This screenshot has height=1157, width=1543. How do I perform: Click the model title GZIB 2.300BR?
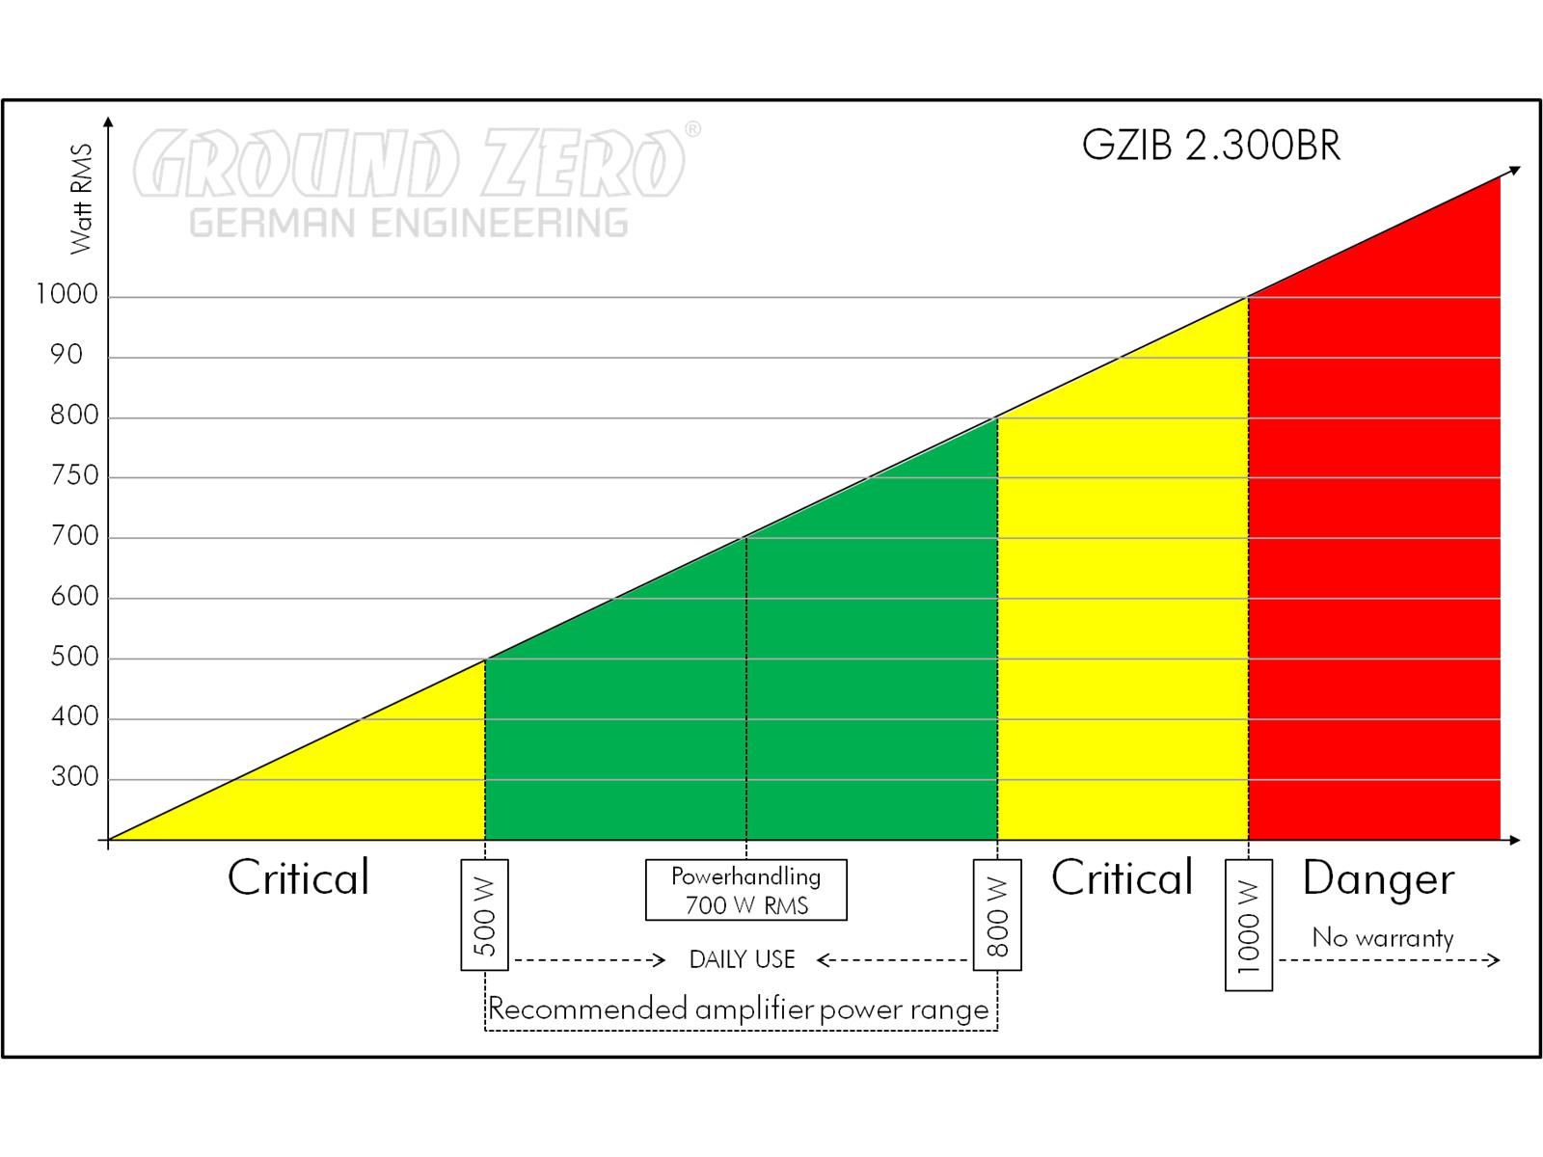pyautogui.click(x=1210, y=146)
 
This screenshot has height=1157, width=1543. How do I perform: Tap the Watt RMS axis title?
pyautogui.click(x=82, y=199)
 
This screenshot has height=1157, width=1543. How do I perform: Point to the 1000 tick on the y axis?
pyautogui.click(x=68, y=294)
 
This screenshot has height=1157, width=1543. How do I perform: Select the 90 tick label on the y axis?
pyautogui.click(x=68, y=355)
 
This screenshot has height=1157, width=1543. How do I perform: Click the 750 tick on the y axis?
pyautogui.click(x=74, y=475)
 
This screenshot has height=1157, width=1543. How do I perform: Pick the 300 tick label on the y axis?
pyautogui.click(x=74, y=776)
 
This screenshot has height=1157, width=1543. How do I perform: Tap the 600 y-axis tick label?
pyautogui.click(x=74, y=596)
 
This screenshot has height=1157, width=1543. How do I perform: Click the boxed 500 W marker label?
pyautogui.click(x=484, y=914)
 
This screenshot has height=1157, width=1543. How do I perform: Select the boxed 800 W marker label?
pyautogui.click(x=997, y=914)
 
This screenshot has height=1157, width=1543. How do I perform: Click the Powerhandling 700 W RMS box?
pyautogui.click(x=745, y=890)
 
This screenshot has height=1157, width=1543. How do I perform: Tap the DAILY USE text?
pyautogui.click(x=742, y=959)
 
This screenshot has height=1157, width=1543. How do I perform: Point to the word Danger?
pyautogui.click(x=1378, y=878)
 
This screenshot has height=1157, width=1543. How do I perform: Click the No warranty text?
pyautogui.click(x=1382, y=937)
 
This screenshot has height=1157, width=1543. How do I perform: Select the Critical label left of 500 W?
pyautogui.click(x=298, y=878)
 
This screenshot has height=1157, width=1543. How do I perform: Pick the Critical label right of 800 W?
pyautogui.click(x=1122, y=878)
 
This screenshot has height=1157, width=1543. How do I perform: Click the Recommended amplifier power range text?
pyautogui.click(x=739, y=1009)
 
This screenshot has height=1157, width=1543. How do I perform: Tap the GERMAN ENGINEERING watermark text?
pyautogui.click(x=409, y=223)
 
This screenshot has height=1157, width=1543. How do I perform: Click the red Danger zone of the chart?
pyautogui.click(x=1374, y=578)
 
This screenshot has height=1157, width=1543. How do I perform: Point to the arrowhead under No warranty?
pyautogui.click(x=1494, y=959)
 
